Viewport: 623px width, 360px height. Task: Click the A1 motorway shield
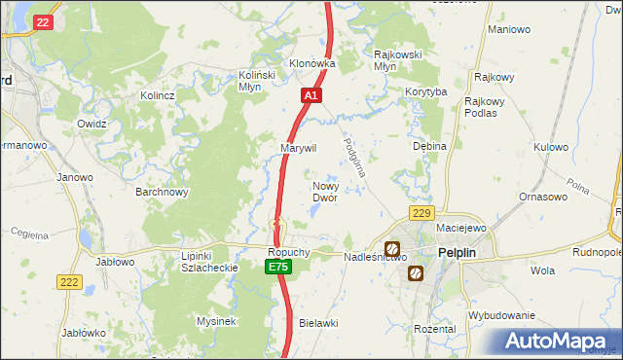pos(311,95)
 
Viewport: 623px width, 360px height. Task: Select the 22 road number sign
pos(42,21)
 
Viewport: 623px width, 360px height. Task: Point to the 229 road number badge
pos(421,213)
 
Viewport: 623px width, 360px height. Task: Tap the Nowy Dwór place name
pos(324,191)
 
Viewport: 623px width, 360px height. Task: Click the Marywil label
pos(299,147)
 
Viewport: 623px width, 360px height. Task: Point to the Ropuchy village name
pos(288,251)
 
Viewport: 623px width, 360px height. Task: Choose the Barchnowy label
pos(162,192)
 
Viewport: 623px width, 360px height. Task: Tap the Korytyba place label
pos(425,91)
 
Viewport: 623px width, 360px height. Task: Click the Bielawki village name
pos(318,322)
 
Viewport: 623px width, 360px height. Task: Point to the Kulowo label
pos(550,147)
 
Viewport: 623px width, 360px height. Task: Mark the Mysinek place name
pos(217,321)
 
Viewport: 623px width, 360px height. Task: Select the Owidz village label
pos(92,125)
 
